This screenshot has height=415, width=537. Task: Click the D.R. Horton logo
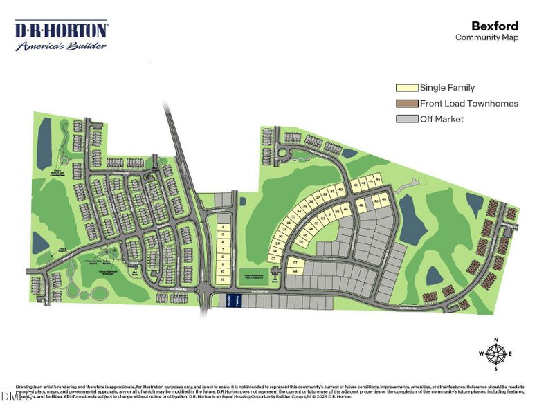[61, 31]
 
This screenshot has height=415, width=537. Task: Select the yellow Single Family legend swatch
[407, 88]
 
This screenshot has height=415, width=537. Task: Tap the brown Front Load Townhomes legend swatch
[407, 104]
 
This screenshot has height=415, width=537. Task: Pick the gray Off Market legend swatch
[407, 119]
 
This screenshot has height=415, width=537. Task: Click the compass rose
[495, 353]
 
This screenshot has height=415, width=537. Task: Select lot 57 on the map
[296, 262]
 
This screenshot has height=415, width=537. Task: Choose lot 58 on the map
[295, 272]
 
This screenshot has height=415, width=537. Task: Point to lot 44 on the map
[378, 180]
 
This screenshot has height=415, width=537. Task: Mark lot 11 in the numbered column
[223, 280]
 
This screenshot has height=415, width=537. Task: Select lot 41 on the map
[356, 185]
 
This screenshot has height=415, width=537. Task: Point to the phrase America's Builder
[61, 46]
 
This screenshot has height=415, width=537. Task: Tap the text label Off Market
[442, 119]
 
